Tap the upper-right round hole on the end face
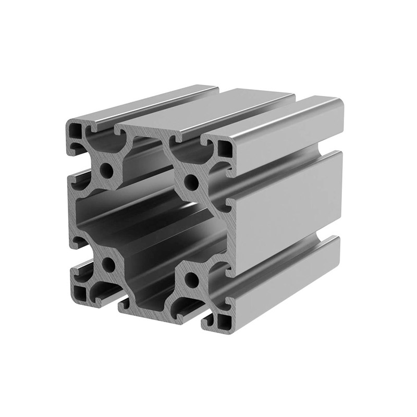(x=191, y=183)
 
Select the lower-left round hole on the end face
(x=108, y=265)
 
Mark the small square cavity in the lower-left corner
(x=80, y=290)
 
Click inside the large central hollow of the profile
(x=151, y=224)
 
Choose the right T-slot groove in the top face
(x=250, y=117)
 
